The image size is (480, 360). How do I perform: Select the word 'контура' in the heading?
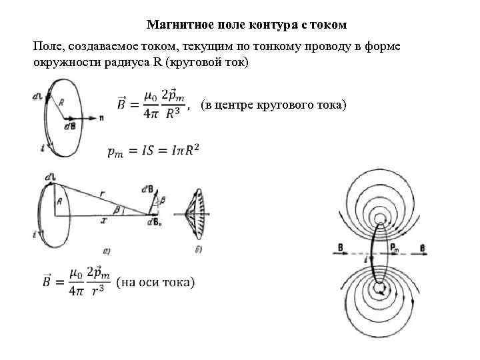[270, 25]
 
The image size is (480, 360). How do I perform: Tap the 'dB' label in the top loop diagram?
[69, 125]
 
